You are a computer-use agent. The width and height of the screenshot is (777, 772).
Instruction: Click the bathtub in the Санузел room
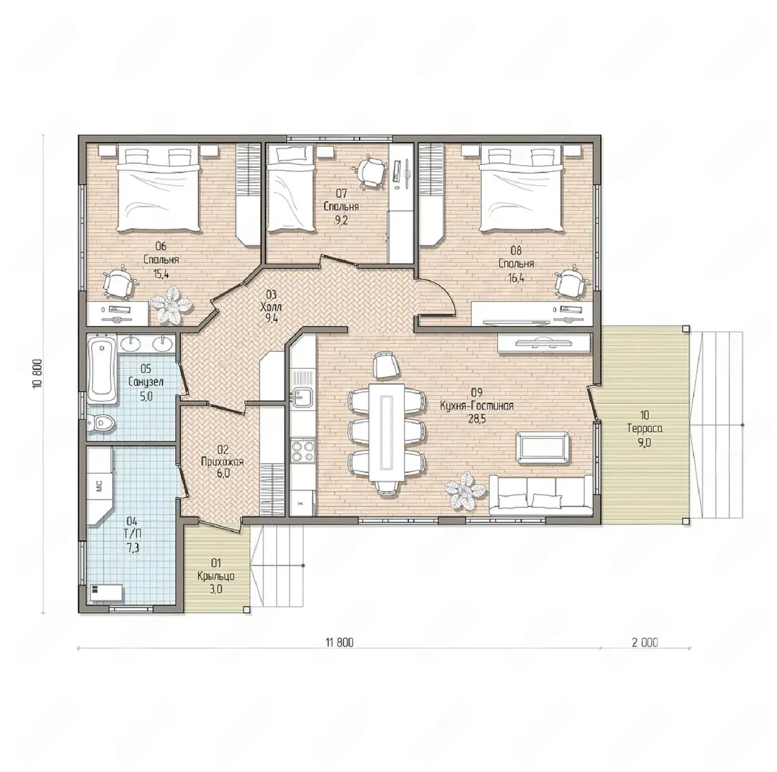103,370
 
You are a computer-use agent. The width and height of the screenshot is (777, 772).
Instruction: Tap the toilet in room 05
101,424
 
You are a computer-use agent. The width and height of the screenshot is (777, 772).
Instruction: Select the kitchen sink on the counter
301,398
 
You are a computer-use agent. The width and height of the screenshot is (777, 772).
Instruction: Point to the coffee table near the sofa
543,448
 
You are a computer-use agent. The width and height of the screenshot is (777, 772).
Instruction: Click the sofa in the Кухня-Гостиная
541,495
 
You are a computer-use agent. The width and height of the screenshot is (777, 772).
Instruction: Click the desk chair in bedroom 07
370,172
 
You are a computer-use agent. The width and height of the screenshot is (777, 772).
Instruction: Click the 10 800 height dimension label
38,373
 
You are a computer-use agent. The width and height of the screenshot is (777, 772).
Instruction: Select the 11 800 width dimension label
339,643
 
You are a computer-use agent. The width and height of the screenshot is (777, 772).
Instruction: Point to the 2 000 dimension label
645,643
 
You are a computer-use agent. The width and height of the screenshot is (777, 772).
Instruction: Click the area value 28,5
477,419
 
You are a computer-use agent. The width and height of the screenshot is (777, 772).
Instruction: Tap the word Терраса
644,428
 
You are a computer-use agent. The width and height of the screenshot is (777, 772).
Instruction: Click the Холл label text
271,307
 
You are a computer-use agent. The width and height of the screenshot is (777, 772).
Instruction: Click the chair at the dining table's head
386,365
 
